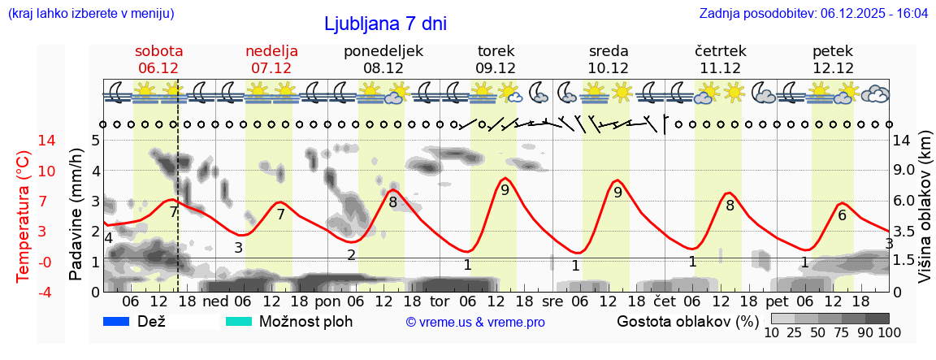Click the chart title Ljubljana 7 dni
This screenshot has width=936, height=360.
tap(385, 24)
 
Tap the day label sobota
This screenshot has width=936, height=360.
tap(159, 51)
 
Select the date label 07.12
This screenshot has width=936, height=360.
tap(271, 68)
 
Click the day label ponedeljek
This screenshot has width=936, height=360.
tap(383, 51)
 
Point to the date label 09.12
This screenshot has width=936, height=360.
tap(496, 68)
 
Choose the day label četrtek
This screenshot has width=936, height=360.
tap(721, 51)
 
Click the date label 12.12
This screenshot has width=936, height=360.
tap(833, 68)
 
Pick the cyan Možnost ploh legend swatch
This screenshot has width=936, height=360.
tap(239, 321)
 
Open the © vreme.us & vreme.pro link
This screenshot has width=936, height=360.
tap(475, 322)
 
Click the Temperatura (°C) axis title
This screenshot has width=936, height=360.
tap(23, 215)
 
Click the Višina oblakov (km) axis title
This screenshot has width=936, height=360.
tap(925, 215)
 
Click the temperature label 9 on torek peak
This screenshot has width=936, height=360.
tap(505, 190)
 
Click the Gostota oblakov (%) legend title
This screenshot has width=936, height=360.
tap(687, 321)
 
